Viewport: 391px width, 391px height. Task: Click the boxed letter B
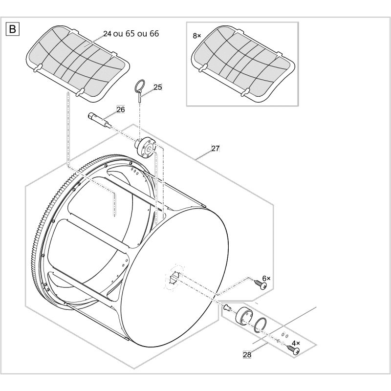pyautogui.click(x=13, y=29)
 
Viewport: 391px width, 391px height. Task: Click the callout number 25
pyautogui.click(x=157, y=87)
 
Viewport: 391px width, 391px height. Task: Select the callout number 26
pyautogui.click(x=121, y=109)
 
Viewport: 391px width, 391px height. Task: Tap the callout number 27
pyautogui.click(x=215, y=149)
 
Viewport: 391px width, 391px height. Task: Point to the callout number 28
pyautogui.click(x=247, y=355)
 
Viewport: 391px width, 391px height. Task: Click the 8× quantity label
pyautogui.click(x=197, y=36)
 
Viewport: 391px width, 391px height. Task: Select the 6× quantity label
pyautogui.click(x=266, y=278)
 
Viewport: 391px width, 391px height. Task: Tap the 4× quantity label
pyautogui.click(x=296, y=343)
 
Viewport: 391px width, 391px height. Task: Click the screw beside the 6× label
pyautogui.click(x=261, y=284)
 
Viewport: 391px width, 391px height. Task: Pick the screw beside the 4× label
pyautogui.click(x=293, y=349)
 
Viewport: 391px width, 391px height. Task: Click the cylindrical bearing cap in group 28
pyautogui.click(x=244, y=317)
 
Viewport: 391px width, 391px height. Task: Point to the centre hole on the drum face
pyautogui.click(x=174, y=278)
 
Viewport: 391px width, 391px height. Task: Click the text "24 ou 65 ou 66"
pyautogui.click(x=131, y=34)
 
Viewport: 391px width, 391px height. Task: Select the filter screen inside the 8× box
pyautogui.click(x=243, y=64)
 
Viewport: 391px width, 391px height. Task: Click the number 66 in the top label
pyautogui.click(x=154, y=34)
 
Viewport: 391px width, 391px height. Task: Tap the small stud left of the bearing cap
pyautogui.click(x=227, y=307)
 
